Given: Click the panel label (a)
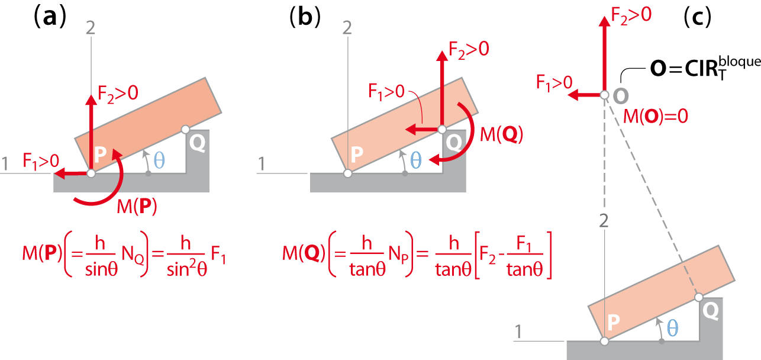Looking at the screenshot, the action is click(x=50, y=17).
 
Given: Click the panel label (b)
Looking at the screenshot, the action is click(x=305, y=17).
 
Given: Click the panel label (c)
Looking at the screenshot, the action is click(x=697, y=17).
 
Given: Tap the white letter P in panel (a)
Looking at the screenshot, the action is click(x=100, y=155).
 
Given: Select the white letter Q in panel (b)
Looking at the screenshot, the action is click(x=454, y=142).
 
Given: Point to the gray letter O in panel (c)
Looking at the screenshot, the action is click(x=621, y=96).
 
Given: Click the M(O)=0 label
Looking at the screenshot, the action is click(x=655, y=116).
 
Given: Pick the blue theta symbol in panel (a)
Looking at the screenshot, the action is click(x=159, y=160).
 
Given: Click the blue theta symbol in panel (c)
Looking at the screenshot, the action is click(x=672, y=328).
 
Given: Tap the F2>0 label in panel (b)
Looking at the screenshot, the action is click(x=469, y=50).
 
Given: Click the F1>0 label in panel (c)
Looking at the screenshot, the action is click(x=554, y=83).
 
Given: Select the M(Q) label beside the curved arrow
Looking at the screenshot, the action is click(x=501, y=134).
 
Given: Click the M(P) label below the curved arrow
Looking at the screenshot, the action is click(x=137, y=206).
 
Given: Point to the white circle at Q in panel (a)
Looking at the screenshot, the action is click(x=185, y=130).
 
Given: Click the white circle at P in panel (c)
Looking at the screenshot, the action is click(x=604, y=341).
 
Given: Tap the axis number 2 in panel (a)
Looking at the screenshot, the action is click(x=91, y=28).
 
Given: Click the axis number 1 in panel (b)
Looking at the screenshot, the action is click(x=261, y=164).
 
